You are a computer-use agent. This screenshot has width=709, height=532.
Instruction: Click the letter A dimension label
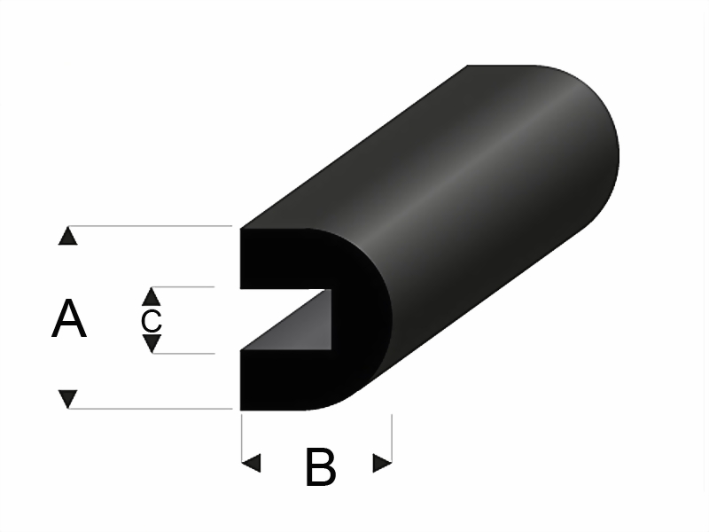[69, 318]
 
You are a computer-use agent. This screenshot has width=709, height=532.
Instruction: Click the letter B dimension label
[321, 466]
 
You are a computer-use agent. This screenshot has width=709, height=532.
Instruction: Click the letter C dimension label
[151, 321]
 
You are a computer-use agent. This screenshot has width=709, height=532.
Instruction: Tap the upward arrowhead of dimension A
[68, 236]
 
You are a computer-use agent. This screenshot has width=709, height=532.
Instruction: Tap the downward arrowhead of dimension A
[68, 398]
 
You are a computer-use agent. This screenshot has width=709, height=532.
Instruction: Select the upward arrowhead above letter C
[151, 296]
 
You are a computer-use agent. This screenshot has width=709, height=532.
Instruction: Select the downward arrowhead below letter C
[152, 344]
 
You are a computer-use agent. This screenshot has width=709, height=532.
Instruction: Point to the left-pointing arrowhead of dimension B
[252, 463]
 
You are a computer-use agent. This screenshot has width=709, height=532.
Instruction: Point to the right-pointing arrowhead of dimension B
[382, 463]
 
